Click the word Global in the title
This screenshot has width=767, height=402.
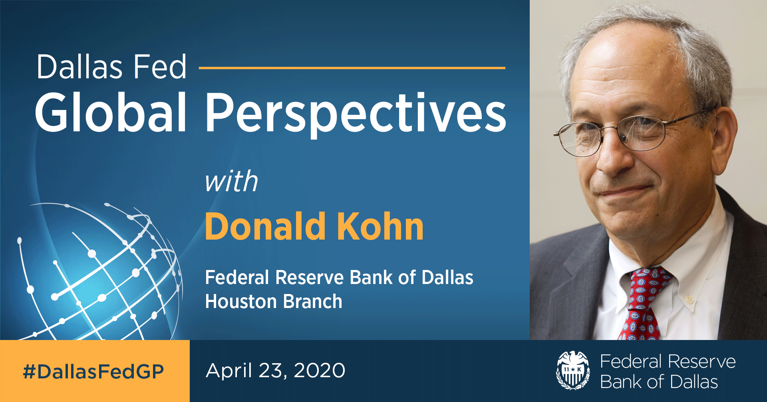click(x=111, y=112)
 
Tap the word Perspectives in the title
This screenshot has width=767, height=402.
click(x=356, y=114)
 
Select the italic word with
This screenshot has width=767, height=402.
click(x=231, y=182)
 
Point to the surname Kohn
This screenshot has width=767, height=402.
click(x=380, y=227)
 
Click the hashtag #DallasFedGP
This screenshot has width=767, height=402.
click(x=94, y=372)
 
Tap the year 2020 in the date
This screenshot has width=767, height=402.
click(x=319, y=370)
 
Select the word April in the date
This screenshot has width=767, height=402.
click(x=229, y=370)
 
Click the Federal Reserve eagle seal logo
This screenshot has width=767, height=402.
click(x=573, y=370)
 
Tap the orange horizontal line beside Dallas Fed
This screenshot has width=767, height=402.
click(x=352, y=68)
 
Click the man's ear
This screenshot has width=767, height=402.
click(x=723, y=136)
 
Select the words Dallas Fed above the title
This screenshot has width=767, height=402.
click(x=111, y=67)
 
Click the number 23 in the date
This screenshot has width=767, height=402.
click(x=272, y=370)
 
